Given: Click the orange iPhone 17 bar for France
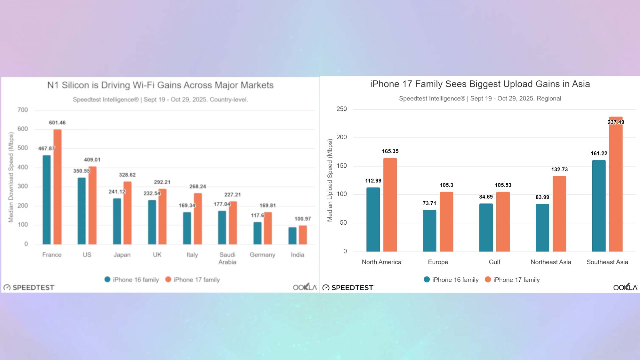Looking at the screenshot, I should click(x=57, y=187).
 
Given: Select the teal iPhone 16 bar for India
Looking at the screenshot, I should click(x=292, y=236).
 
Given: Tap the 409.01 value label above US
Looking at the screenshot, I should click(x=92, y=160).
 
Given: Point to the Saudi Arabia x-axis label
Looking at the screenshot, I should click(x=227, y=258).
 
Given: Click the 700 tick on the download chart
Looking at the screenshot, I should click(x=23, y=110).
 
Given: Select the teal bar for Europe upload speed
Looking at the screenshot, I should click(x=429, y=231).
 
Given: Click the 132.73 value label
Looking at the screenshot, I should click(x=559, y=169).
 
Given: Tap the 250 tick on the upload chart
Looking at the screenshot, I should click(x=341, y=109).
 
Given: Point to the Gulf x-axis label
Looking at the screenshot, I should click(x=494, y=262).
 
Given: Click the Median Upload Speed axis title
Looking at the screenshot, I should click(x=330, y=180).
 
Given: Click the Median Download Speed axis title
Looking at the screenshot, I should click(x=11, y=177).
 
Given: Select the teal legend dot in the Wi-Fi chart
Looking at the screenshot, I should click(x=107, y=279).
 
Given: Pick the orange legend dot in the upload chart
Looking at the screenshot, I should click(x=488, y=279).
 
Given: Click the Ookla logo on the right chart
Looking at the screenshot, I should click(x=625, y=287).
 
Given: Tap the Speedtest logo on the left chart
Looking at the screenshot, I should click(x=29, y=287).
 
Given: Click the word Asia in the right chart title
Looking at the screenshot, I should click(x=581, y=84).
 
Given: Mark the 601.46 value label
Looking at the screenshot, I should click(x=57, y=123).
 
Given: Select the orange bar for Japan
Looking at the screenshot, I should click(x=127, y=213).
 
